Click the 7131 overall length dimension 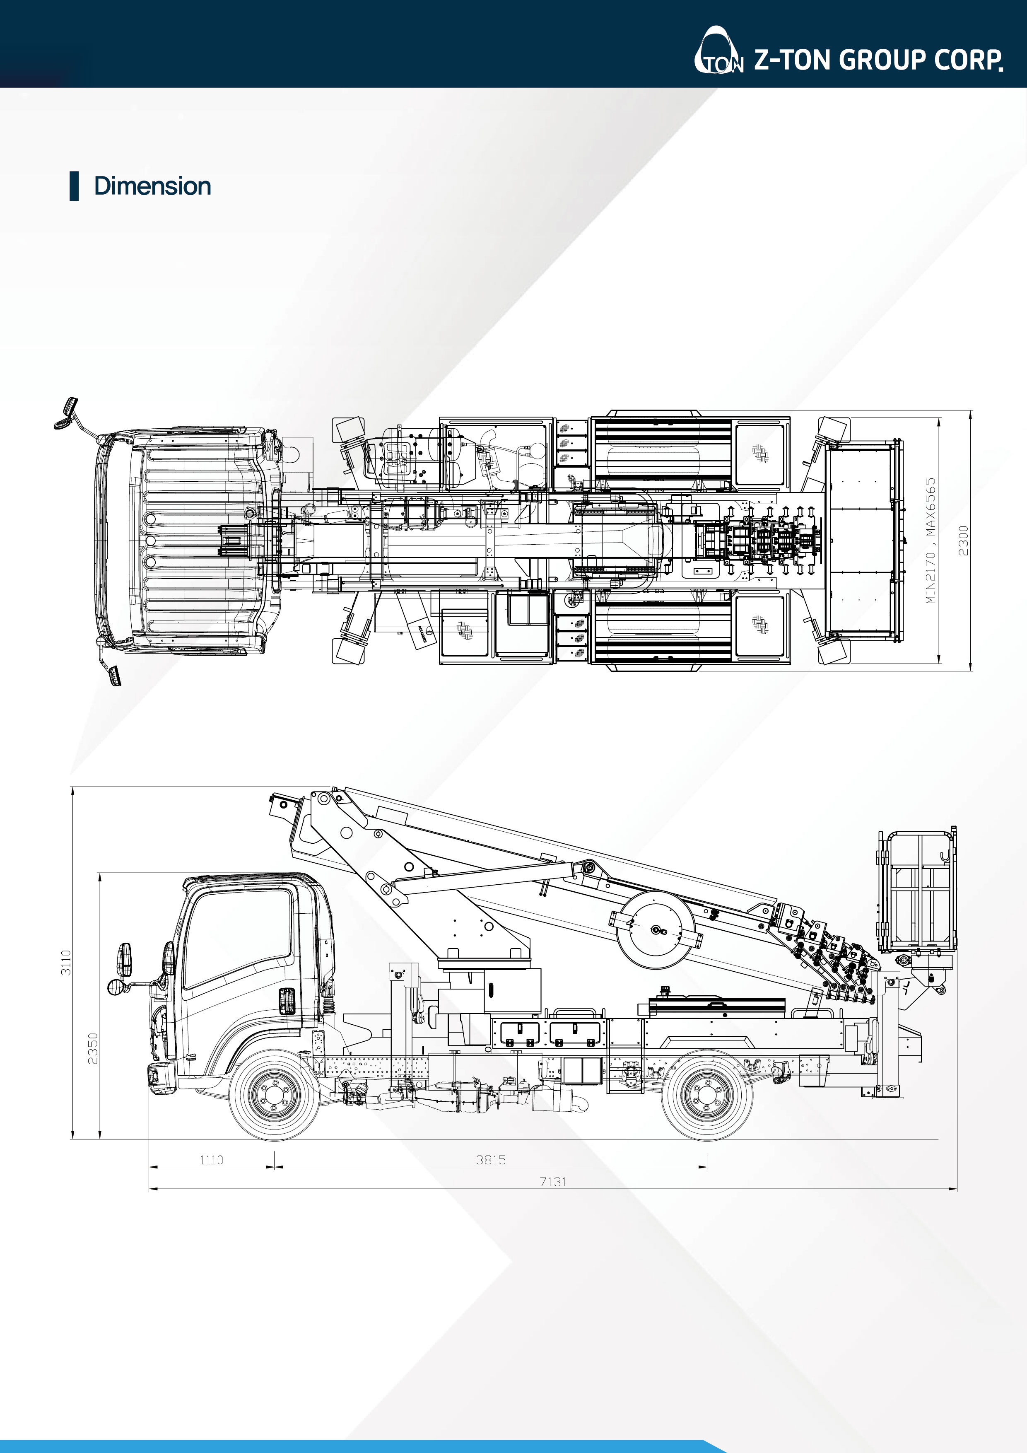point(553,1182)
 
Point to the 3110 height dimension point(66,963)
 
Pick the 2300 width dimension point(963,541)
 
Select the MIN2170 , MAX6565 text point(930,541)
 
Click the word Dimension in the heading point(152,186)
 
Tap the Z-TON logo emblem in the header point(719,50)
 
